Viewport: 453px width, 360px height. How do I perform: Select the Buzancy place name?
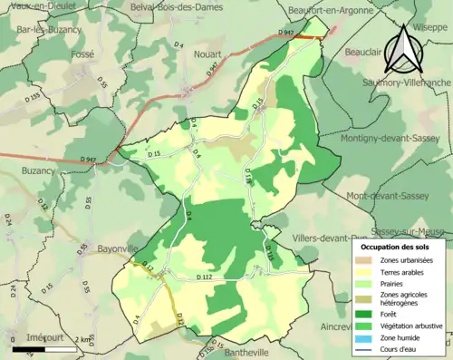39,170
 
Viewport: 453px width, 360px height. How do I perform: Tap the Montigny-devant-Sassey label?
391,139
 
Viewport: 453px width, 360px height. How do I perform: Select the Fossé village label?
82,54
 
